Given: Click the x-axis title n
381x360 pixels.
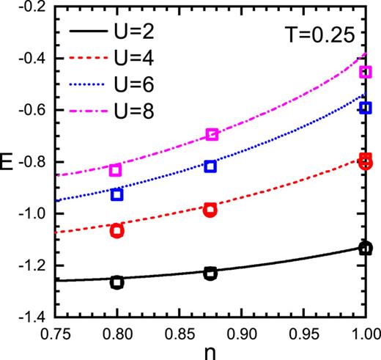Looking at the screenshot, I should point(210,350).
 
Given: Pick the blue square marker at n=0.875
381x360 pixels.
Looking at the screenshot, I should point(210,166).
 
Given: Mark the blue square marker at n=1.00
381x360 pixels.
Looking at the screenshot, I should point(365,108).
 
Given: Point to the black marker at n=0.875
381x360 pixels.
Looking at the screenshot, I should point(210,273).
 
